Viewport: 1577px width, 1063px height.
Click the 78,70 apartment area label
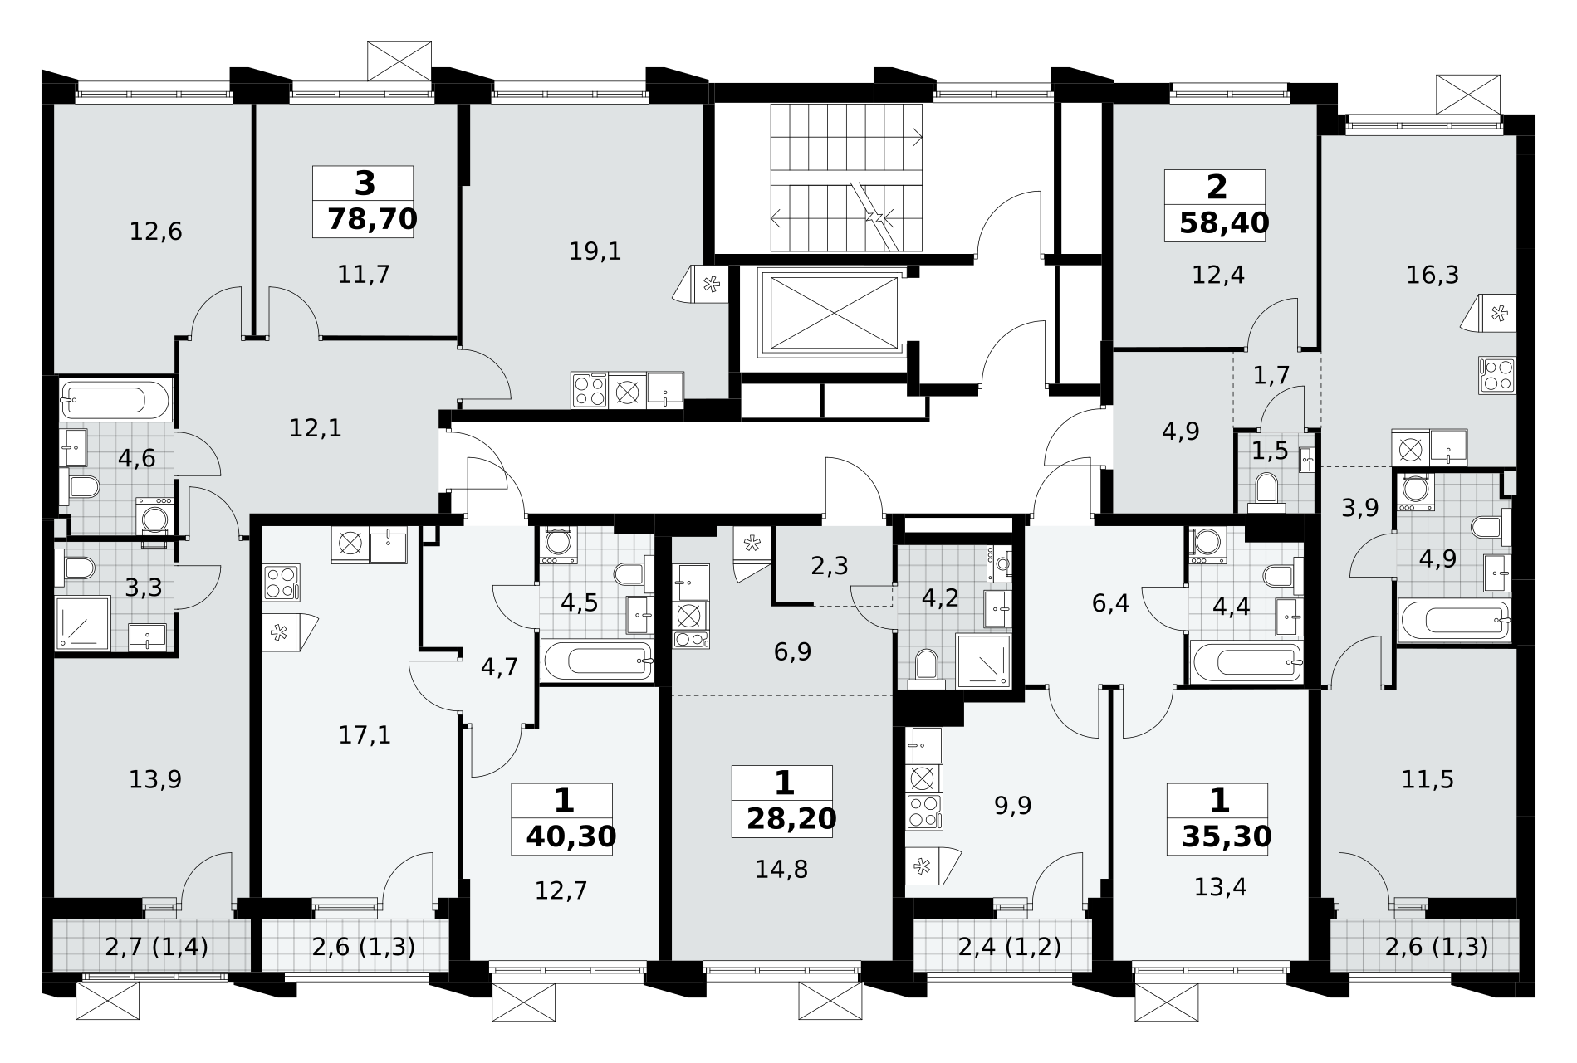point(372,219)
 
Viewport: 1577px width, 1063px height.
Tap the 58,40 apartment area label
point(1224,222)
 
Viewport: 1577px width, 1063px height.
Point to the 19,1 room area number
point(595,251)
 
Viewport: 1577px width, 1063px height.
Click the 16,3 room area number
point(1433,275)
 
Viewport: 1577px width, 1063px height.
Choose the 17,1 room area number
point(365,734)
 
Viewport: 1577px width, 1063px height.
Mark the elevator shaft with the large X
point(830,314)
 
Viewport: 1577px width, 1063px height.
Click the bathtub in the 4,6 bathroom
point(115,401)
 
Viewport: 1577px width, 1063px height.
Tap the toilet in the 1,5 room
point(1266,490)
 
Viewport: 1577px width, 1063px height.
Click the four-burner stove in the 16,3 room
point(1497,375)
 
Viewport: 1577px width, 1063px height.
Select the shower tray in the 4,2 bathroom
point(983,661)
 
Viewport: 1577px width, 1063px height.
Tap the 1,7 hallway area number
point(1271,375)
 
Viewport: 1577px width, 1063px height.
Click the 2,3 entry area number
point(829,566)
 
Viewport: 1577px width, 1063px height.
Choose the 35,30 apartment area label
point(1227,836)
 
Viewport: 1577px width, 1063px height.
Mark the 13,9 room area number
point(155,779)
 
